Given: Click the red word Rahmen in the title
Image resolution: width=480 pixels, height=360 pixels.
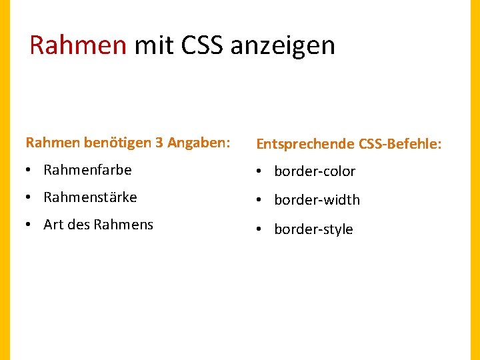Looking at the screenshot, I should pos(78,45).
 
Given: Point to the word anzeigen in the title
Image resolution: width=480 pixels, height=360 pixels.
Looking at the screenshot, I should pos(283,45).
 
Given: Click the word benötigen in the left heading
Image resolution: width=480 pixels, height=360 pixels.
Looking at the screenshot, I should pos(104,143).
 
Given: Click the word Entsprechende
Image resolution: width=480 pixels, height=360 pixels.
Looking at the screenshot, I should pos(305,144).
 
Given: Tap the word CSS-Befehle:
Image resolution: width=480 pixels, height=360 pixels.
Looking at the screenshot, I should pos(400,144).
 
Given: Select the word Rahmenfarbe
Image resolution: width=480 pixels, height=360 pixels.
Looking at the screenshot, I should pos(87,170).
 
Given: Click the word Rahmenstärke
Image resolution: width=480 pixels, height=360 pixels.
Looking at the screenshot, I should pos(90,197).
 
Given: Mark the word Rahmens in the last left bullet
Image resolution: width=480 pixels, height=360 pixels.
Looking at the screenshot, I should pos(123,225).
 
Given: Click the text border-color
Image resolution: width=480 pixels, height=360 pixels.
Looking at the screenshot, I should pos(315,171).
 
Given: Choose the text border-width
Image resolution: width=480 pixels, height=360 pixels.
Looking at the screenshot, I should pos(317,200).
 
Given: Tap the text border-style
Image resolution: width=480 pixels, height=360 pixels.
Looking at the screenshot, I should pos(313,229).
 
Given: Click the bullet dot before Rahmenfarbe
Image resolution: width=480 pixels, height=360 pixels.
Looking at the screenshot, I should pos(29,171).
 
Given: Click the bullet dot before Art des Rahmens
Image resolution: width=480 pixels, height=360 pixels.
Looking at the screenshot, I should pos(29,225).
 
